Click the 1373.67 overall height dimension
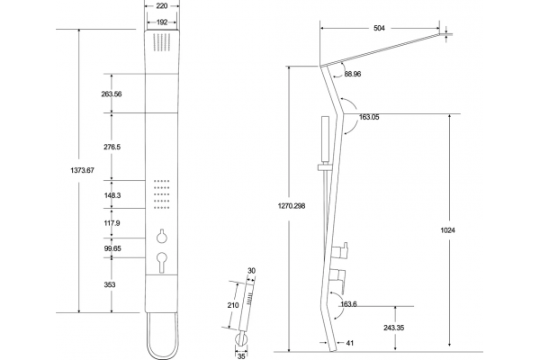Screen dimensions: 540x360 pos(82,170)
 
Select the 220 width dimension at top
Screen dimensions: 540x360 pos(162,6)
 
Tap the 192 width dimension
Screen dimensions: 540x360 pos(162,22)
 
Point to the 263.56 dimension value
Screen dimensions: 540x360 pos(112,94)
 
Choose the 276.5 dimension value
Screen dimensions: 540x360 pos(112,147)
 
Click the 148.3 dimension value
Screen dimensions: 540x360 pos(112,195)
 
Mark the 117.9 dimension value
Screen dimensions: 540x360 pos(112,223)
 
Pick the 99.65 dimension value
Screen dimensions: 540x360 pos(112,248)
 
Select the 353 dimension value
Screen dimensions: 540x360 pos(110,285)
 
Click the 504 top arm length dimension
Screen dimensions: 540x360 pos(379,28)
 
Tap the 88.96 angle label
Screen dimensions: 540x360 pos(353,74)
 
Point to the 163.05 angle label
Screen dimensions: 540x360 pos(369,117)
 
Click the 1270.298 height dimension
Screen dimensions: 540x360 pos(292,206)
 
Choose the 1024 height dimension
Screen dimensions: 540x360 pos(447,230)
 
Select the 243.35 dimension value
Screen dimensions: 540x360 pos(394,328)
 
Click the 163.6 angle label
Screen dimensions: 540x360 pos(348,304)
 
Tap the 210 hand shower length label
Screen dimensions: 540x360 pos(233,305)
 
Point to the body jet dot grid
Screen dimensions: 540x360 pos(161,194)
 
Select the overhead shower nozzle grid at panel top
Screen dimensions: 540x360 pos(161,42)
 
